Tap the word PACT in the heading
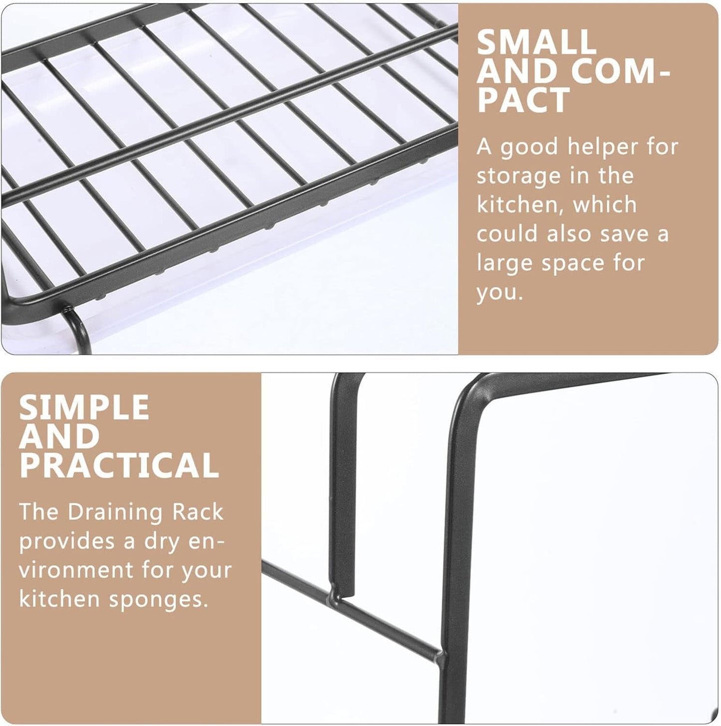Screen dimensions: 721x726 523,100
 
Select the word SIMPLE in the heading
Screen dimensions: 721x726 84,407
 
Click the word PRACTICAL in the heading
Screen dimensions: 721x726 119,465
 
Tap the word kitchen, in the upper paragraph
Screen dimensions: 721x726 520,205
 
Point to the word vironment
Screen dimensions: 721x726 76,570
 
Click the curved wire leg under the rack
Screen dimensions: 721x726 79,328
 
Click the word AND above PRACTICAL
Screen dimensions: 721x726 59,436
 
